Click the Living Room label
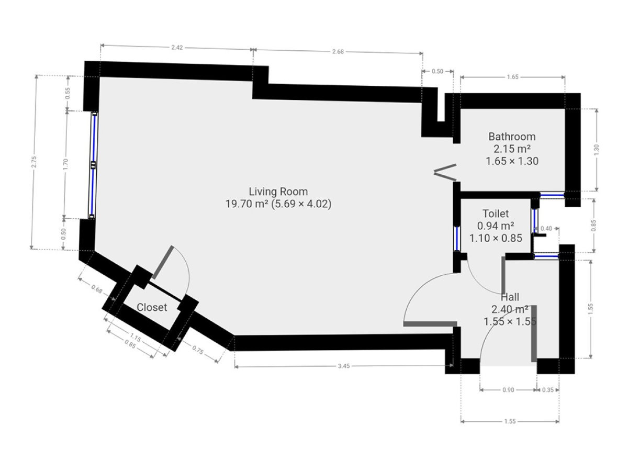coord(278,192)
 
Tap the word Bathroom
coord(512,137)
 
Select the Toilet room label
coord(496,214)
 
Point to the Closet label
coord(152,307)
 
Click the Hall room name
coord(510,297)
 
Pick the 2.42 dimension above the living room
coord(177,48)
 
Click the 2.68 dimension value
coord(338,52)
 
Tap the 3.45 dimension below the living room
coord(344,366)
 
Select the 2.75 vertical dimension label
coord(34,162)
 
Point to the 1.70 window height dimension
coord(65,164)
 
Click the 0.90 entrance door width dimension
coord(508,390)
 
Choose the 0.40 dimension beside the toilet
coord(546,229)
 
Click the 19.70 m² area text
coord(247,204)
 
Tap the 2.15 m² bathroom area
coord(512,149)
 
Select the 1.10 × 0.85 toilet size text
coord(496,238)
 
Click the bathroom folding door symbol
coord(445,173)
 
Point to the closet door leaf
coord(163,262)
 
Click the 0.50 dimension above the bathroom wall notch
coord(437,72)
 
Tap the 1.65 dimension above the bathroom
coord(512,77)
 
